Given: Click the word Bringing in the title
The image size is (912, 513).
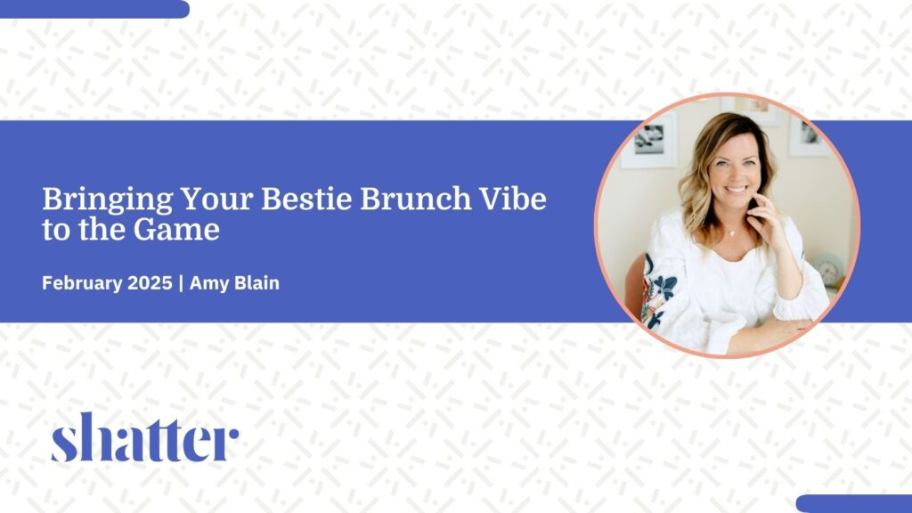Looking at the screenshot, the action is [x=108, y=200].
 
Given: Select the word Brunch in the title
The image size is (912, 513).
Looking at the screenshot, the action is [x=415, y=199].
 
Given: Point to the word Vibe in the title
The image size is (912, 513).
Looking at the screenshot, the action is [x=512, y=199].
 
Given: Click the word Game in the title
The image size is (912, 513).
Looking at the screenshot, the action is [x=176, y=230].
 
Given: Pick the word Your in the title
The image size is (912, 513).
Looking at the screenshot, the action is [x=216, y=199].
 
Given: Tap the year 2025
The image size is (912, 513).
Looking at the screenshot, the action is [x=150, y=283].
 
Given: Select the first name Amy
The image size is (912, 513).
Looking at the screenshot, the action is [x=208, y=284].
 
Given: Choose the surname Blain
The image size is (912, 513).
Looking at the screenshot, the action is [x=256, y=283].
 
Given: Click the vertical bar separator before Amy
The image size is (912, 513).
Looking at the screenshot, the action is [x=181, y=284].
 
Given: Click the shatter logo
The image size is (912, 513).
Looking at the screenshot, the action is [x=145, y=437].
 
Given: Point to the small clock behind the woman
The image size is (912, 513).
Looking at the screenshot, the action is [x=829, y=269].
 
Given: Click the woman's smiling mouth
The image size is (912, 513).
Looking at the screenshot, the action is [x=737, y=189].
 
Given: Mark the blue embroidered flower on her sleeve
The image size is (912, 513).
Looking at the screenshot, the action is [x=664, y=286].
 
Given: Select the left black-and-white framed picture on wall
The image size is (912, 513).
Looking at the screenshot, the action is [x=649, y=140].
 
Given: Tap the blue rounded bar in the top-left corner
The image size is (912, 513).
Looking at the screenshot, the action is [x=94, y=9].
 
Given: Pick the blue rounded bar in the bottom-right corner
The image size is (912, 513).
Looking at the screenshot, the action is [x=854, y=504].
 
